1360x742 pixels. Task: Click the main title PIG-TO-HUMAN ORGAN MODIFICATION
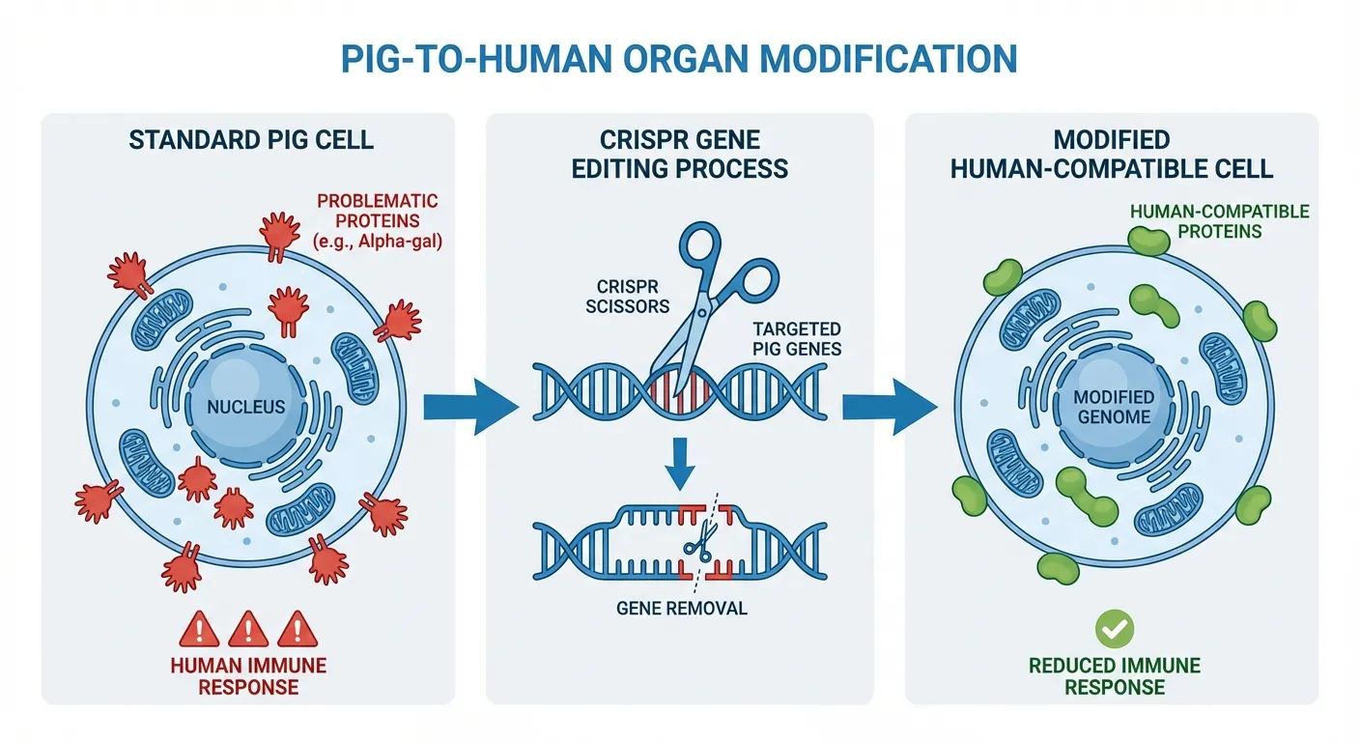679,58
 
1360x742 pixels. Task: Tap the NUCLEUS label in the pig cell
246,407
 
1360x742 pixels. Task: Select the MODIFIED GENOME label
1115,407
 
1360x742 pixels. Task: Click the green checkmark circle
1115,630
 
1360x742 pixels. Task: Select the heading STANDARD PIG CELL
251,140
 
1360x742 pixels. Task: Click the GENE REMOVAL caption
680,609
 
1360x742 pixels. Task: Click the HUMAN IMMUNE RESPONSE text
248,676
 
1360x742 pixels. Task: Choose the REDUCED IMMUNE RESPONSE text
1115,676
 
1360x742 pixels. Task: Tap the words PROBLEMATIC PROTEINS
378,212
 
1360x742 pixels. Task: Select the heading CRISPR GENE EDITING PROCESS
679,155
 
